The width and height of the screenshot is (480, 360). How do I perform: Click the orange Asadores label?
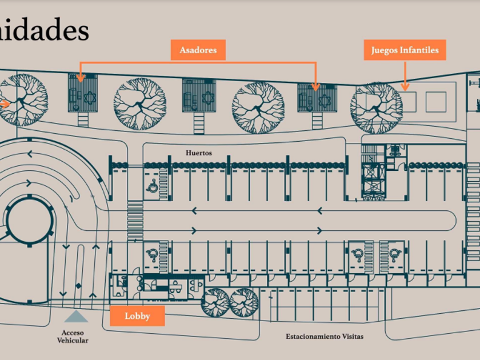(x=198, y=50)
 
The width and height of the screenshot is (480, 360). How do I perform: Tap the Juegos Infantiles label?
(x=405, y=50)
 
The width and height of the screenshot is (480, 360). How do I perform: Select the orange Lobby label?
(x=137, y=316)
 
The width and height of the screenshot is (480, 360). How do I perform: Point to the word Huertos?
(x=199, y=153)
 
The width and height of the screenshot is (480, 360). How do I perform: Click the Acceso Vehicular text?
(x=73, y=337)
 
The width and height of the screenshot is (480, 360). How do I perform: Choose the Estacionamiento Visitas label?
(x=324, y=337)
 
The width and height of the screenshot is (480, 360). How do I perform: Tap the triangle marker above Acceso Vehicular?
(x=76, y=316)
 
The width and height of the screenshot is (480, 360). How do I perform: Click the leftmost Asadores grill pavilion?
(x=83, y=93)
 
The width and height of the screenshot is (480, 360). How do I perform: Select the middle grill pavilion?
(x=199, y=95)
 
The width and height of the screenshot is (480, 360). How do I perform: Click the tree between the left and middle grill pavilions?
(x=139, y=104)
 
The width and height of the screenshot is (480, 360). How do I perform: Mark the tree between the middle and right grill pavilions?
(x=258, y=107)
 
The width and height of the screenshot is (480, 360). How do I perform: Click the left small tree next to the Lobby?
(x=215, y=302)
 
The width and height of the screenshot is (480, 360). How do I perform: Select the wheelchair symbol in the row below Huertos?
(x=153, y=186)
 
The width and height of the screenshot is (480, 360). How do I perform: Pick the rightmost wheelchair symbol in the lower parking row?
(x=394, y=255)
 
